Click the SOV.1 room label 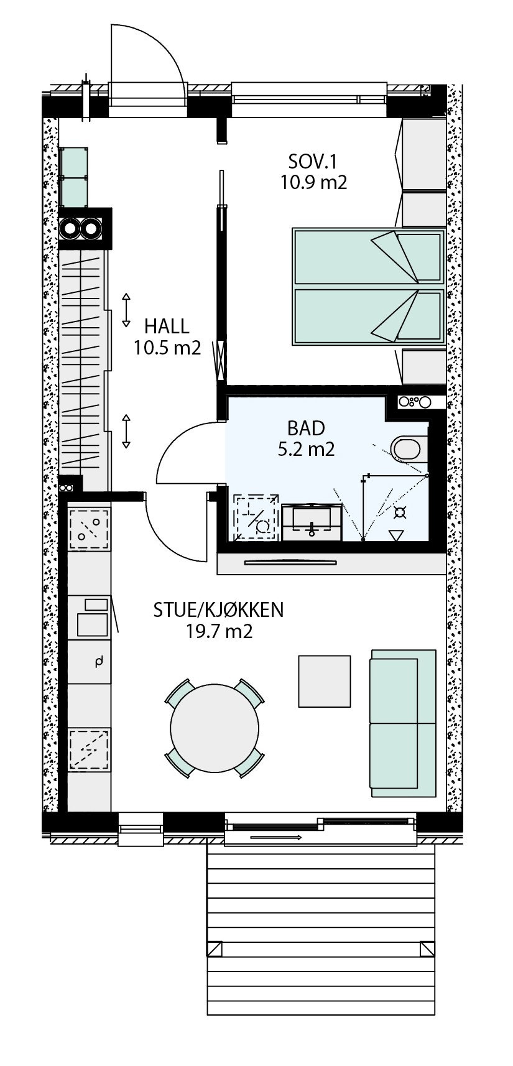pos(313,162)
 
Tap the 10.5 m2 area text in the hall pos(167,348)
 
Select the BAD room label pos(306,428)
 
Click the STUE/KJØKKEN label pos(218,610)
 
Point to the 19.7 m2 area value pos(218,632)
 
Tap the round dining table pos(215,727)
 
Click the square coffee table pos(325,681)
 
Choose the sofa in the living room pos(402,723)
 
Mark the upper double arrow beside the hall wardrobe pos(126,310)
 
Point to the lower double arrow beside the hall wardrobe pos(126,431)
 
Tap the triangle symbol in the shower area pos(395,535)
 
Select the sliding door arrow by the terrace pos(275,838)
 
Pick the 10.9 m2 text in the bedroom pos(313,182)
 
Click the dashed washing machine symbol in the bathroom pos(257,517)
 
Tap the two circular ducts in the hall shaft pos(81,229)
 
